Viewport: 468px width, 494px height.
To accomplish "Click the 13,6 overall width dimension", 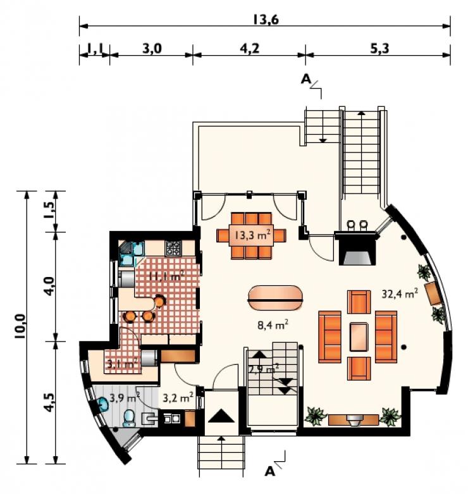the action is (266, 20).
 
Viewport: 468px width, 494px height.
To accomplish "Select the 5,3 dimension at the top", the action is (379, 49).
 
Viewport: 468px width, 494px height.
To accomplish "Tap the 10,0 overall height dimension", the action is (20, 326).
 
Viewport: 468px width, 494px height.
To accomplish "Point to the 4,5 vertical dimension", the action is (49, 402).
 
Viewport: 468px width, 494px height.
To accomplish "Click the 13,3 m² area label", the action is (252, 235).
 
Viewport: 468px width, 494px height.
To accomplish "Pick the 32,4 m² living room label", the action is (400, 293).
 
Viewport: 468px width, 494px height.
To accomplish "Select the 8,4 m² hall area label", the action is (273, 324).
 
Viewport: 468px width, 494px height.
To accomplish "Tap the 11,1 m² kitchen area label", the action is (166, 276).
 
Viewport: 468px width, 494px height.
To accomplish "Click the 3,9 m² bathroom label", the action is (125, 398).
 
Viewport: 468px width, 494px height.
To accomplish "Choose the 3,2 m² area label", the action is (178, 398).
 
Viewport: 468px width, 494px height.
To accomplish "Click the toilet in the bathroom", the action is (129, 418).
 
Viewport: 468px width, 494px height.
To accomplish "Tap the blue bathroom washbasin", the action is (102, 404).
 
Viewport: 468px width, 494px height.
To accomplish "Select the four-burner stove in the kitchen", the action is (173, 248).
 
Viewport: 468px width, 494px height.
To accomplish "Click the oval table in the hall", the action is (276, 298).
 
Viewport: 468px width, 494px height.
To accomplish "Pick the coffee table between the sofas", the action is (359, 337).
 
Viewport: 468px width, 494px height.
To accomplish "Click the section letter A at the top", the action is (306, 79).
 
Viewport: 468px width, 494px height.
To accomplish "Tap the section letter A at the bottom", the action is (270, 471).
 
